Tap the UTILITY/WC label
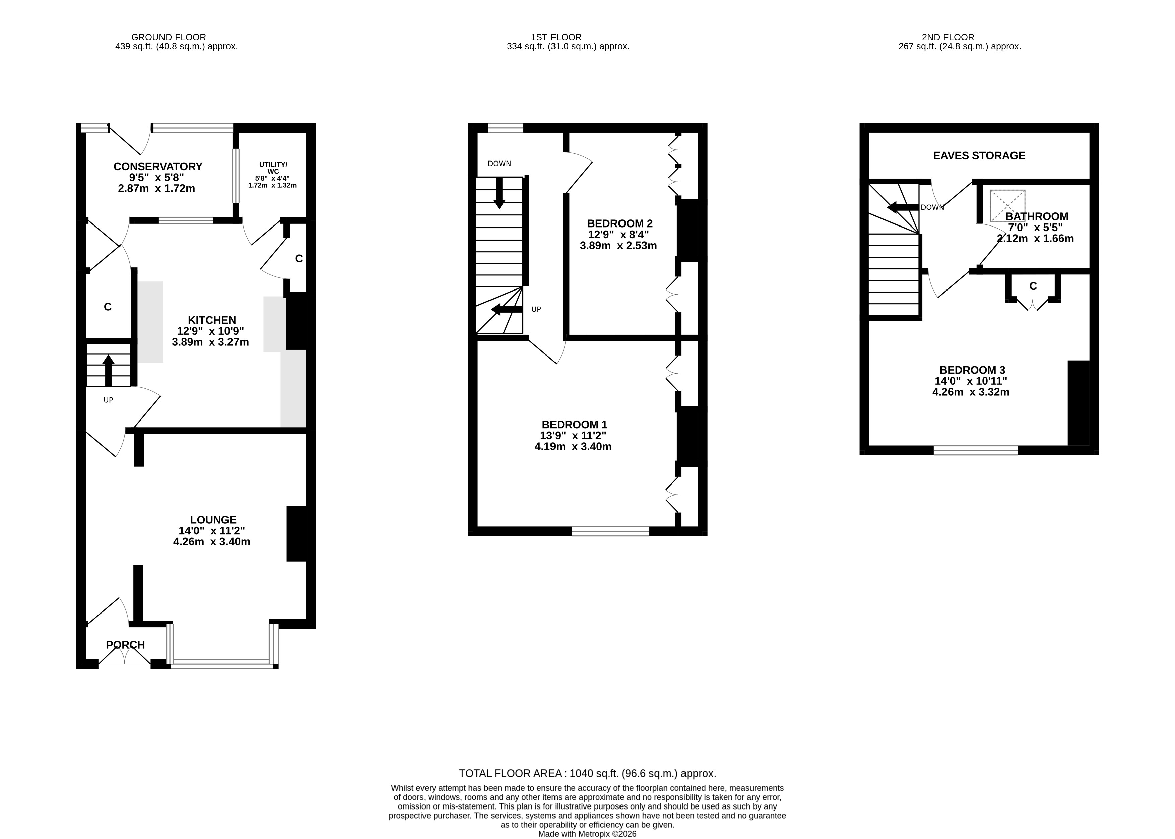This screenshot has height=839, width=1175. pyautogui.click(x=273, y=168)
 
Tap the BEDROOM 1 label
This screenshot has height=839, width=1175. pyautogui.click(x=574, y=425)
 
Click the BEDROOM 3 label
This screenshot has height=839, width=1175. pyautogui.click(x=972, y=370)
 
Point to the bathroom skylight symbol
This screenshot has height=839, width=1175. pyautogui.click(x=1007, y=206)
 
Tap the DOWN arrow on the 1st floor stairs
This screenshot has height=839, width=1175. pyautogui.click(x=499, y=193)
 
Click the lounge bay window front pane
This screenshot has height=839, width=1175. pyautogui.click(x=222, y=664)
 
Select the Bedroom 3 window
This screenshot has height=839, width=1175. pyautogui.click(x=976, y=450)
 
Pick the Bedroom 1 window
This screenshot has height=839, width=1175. pyautogui.click(x=610, y=531)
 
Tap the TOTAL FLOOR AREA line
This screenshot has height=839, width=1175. pyautogui.click(x=587, y=773)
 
